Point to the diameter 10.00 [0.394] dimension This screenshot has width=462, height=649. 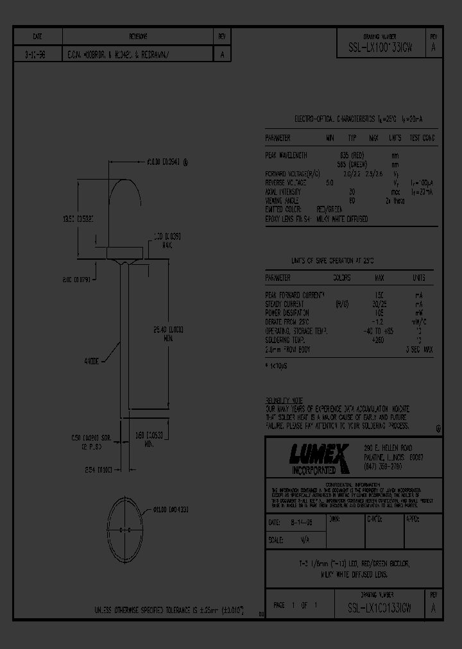coord(164,162)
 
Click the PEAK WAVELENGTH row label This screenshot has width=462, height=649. coord(286,155)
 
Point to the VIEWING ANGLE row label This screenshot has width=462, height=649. coord(283,201)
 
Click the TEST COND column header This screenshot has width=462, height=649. coord(422,138)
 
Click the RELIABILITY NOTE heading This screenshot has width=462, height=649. coord(284,400)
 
